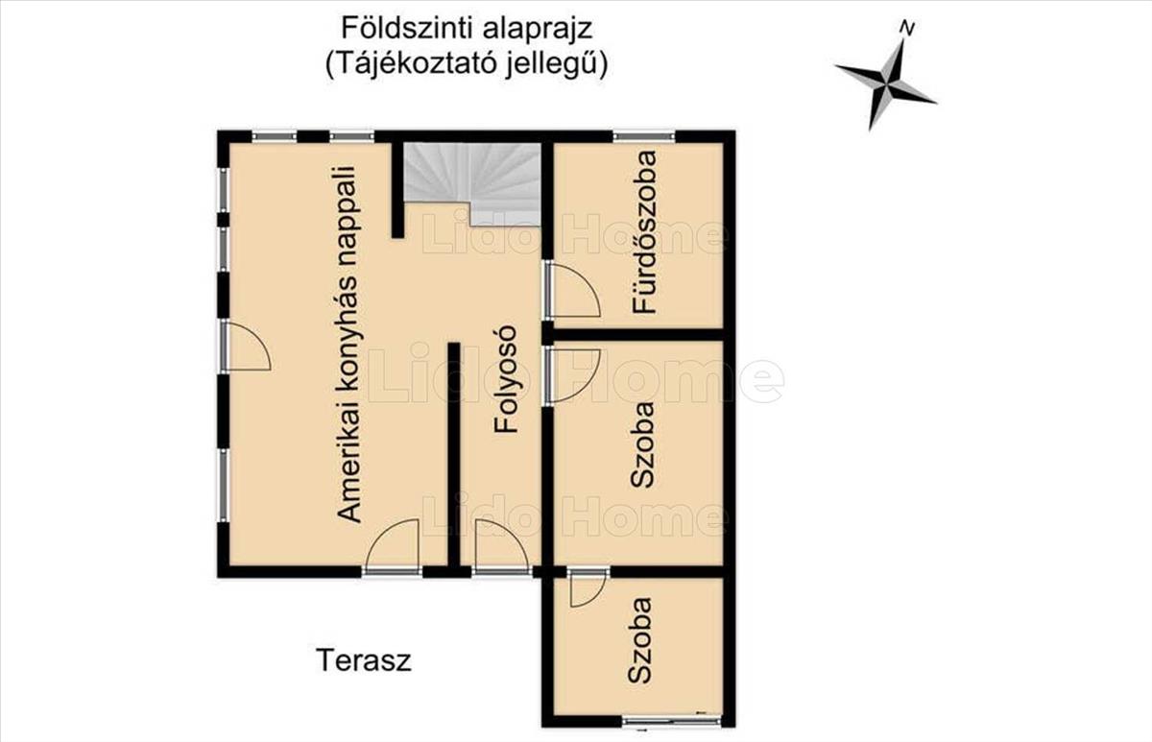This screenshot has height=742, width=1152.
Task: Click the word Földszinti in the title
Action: [406, 29]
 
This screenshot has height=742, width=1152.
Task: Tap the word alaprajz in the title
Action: [537, 31]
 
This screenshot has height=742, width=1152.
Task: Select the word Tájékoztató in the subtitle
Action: [412, 65]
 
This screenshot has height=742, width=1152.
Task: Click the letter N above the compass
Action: [907, 28]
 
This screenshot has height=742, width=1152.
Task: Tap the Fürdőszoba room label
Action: [644, 232]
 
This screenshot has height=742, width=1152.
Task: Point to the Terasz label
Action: [364, 660]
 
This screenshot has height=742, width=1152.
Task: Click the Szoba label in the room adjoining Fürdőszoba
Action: [642, 444]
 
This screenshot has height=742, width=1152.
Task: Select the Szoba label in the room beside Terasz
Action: [640, 640]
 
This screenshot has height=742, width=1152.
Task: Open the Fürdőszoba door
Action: [572, 289]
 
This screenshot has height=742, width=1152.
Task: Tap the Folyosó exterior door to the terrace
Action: [501, 547]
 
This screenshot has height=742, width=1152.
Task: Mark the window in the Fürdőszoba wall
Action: [644, 136]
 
